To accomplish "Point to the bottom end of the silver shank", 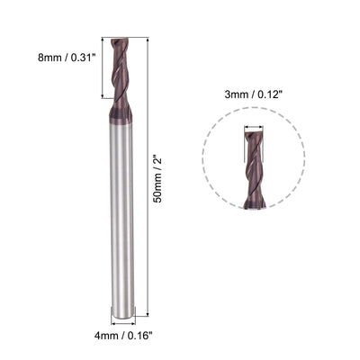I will (x=120, y=314).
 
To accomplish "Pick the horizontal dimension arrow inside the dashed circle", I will (x=256, y=129).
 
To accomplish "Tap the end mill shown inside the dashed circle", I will (x=256, y=171).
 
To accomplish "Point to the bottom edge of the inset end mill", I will (x=256, y=206).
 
